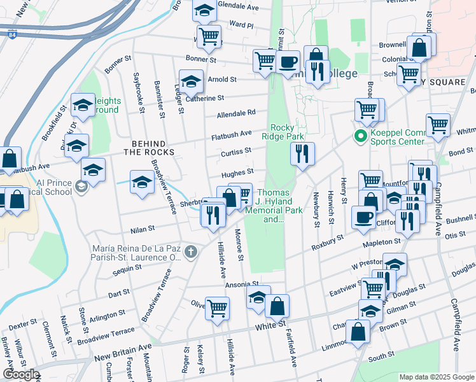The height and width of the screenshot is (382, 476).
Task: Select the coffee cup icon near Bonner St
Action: (x=288, y=62)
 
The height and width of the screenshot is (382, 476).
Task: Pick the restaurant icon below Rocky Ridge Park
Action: (x=302, y=153)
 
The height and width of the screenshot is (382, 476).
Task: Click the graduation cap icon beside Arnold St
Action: (x=190, y=81)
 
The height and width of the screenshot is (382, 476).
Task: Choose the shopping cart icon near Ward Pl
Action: (x=208, y=37)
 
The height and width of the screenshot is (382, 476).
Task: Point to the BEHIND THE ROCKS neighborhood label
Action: (x=148, y=148)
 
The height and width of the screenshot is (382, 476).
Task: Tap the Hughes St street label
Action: (x=237, y=173)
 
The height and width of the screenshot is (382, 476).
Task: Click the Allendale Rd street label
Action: (x=235, y=113)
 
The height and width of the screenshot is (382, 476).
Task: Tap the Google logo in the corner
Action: (x=21, y=374)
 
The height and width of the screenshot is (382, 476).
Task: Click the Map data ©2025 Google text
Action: (x=436, y=377)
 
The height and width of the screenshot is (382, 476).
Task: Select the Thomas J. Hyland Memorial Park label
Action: (x=273, y=206)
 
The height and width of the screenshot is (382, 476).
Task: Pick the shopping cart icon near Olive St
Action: (x=218, y=308)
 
